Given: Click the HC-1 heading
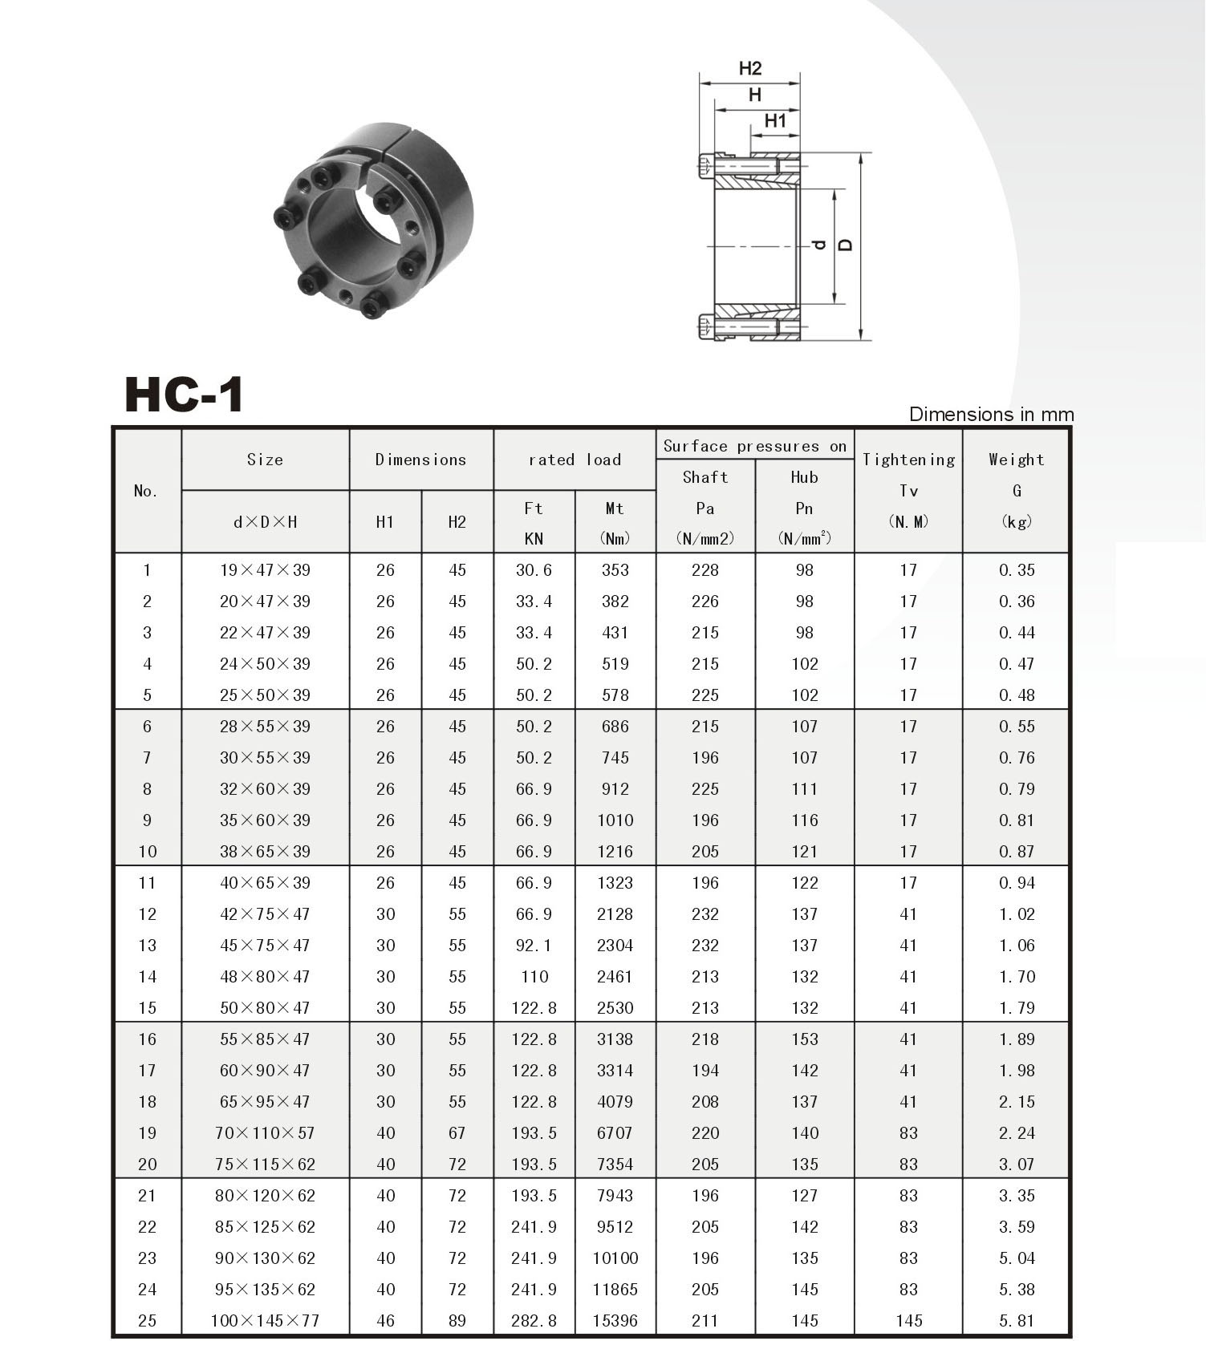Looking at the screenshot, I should point(184,395).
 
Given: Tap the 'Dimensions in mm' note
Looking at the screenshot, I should point(990,415).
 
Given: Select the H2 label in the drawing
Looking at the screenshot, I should point(749,69).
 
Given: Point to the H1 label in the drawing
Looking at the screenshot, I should point(774,121).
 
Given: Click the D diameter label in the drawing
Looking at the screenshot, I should point(845,245).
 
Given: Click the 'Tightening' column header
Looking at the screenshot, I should point(908,460).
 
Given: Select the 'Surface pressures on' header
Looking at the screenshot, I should point(754,446).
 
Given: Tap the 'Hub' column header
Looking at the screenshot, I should point(804,477).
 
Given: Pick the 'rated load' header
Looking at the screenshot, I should point(575,460).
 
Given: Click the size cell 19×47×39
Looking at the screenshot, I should point(265,570).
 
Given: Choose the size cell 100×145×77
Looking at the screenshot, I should point(265,1320).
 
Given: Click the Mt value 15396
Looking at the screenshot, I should point(615,1320).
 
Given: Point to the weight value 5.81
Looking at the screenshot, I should point(1017,1320).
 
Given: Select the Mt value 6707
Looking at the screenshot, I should point(615,1132).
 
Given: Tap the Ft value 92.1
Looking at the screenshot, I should point(534,945).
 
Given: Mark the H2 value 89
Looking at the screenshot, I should point(457,1320).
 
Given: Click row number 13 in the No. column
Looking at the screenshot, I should point(147,945).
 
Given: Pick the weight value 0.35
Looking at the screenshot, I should point(1017,570).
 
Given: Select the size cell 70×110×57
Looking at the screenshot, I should point(265,1132).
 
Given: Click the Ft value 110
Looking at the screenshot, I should point(534,976).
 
